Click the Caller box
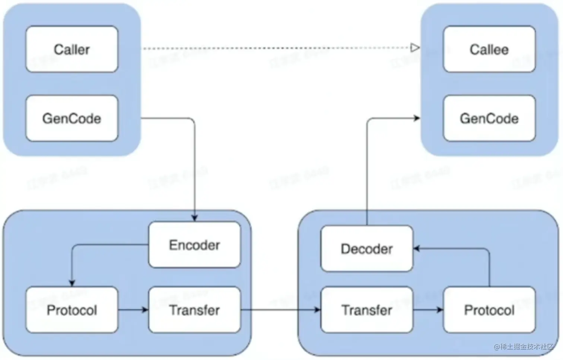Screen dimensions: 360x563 72,49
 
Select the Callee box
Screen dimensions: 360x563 489,49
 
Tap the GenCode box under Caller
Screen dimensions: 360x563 72,119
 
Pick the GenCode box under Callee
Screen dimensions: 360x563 489,119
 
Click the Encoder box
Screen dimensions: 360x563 194,245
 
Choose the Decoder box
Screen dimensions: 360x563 367,249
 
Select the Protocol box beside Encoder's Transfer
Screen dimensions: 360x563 72,310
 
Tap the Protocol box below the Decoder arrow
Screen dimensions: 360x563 489,310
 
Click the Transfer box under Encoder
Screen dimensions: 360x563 194,310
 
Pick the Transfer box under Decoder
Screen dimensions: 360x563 367,310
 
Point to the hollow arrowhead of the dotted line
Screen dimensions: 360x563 415,48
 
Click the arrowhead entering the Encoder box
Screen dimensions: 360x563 194,218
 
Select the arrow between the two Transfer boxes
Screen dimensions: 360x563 279,310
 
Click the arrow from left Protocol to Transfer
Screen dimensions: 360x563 133,310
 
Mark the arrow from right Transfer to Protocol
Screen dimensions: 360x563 428,310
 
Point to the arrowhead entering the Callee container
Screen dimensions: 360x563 417,118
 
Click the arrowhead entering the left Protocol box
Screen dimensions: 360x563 72,283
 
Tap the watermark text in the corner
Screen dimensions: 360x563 524,347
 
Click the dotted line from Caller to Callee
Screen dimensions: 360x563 276,48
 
